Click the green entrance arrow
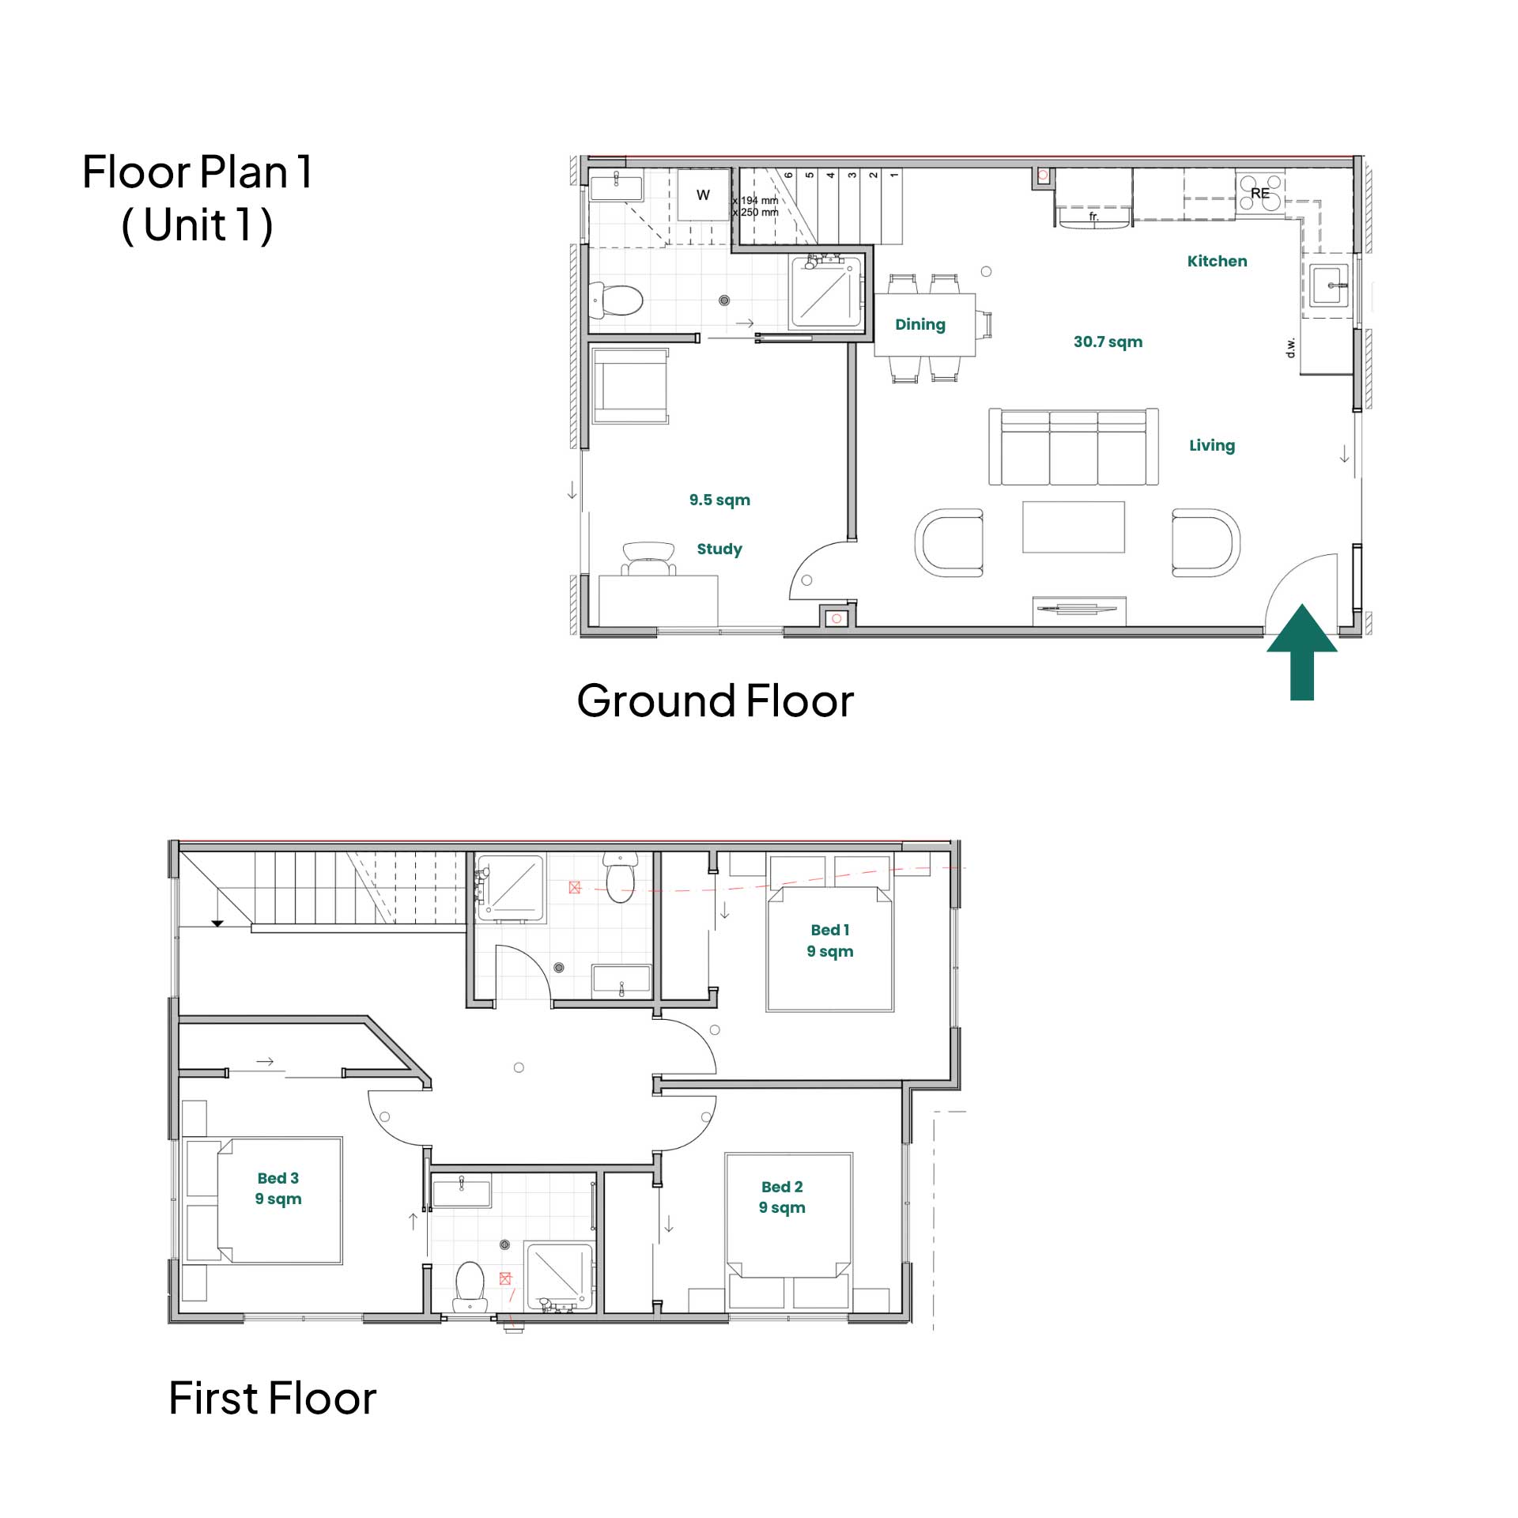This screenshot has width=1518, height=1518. pos(1301,652)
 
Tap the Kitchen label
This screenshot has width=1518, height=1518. pos(1217,261)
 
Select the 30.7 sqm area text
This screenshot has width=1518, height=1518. pos(1108,342)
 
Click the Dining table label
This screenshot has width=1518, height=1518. pos(920,324)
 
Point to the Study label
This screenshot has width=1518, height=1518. pos(719,549)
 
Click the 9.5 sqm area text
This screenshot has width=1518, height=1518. pos(719,500)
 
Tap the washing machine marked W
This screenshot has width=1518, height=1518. pos(703,194)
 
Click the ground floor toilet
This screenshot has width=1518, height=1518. pos(617,300)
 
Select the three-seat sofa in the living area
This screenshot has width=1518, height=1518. pos(1074,447)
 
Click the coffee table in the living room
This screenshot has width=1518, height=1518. pos(1074,527)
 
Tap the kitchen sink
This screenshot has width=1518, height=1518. pos(1329,285)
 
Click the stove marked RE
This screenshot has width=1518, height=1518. pos(1260,193)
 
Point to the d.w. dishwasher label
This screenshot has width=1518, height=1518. pos(1291,347)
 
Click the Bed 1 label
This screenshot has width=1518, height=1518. pos(830,930)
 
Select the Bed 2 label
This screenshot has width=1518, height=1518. pos(782,1187)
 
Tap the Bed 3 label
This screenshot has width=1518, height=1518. pos(278,1178)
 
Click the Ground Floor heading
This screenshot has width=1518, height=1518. pos(716,700)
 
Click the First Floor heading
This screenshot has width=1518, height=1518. pos(273,1398)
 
